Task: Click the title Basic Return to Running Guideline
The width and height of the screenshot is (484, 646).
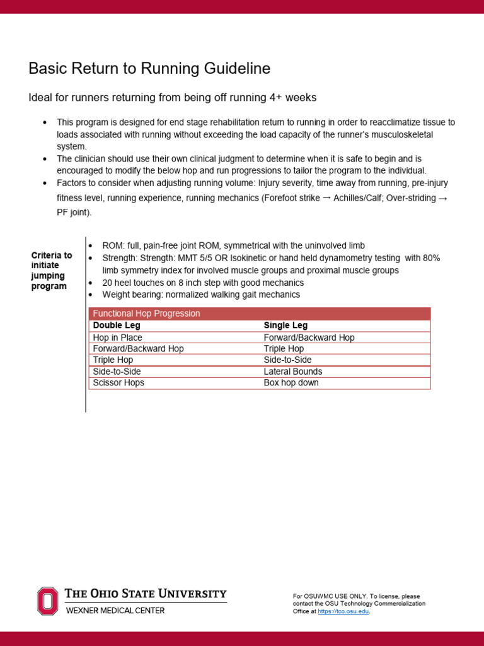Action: click(149, 68)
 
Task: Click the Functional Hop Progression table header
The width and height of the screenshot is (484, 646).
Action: click(146, 314)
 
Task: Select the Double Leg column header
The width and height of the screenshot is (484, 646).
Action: click(117, 326)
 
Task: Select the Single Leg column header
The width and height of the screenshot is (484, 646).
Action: click(285, 326)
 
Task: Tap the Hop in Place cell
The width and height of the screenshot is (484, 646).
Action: click(117, 338)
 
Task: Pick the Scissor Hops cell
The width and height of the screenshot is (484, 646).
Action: click(118, 383)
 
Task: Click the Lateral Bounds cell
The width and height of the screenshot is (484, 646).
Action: click(292, 372)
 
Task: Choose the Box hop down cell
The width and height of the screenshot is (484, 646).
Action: click(291, 383)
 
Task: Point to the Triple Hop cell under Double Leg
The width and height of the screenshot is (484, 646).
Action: click(113, 360)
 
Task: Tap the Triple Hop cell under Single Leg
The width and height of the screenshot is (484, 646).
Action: click(284, 349)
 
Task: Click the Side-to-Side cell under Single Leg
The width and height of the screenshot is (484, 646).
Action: click(287, 360)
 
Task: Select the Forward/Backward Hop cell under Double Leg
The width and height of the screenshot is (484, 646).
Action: click(138, 349)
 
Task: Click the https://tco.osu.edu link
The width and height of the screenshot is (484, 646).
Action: click(343, 611)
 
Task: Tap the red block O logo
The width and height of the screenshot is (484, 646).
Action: click(47, 601)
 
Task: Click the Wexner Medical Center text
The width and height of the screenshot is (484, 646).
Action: click(115, 611)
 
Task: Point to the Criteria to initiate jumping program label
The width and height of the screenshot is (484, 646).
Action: click(52, 271)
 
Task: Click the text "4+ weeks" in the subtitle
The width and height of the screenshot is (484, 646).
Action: click(296, 98)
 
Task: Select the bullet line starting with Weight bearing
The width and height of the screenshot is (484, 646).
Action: click(201, 295)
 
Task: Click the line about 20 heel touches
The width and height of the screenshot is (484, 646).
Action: click(203, 283)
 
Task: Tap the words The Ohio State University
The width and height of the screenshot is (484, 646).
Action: click(146, 594)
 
